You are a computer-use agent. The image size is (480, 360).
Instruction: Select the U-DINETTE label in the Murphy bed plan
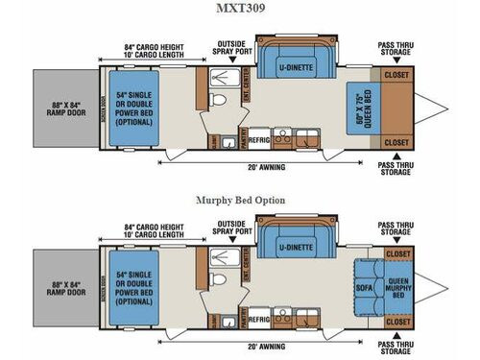click(294, 243)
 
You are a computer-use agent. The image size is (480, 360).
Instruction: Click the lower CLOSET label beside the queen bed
click(396, 141)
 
